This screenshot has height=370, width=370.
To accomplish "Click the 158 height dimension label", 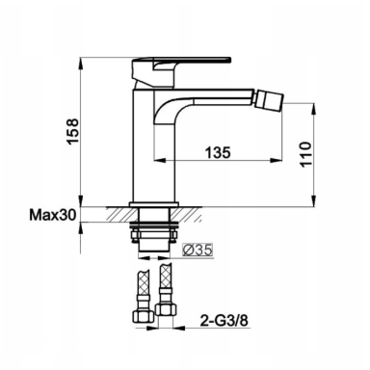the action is click(x=72, y=131).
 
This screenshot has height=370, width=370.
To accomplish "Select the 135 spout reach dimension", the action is click(x=218, y=152).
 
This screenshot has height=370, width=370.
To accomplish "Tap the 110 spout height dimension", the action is click(x=306, y=154).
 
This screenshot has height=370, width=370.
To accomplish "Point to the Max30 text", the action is click(x=53, y=215).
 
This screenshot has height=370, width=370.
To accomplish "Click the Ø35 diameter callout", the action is click(x=198, y=250).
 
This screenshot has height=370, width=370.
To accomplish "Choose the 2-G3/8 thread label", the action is click(x=225, y=320).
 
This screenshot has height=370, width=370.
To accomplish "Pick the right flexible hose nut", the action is click(x=166, y=310).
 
